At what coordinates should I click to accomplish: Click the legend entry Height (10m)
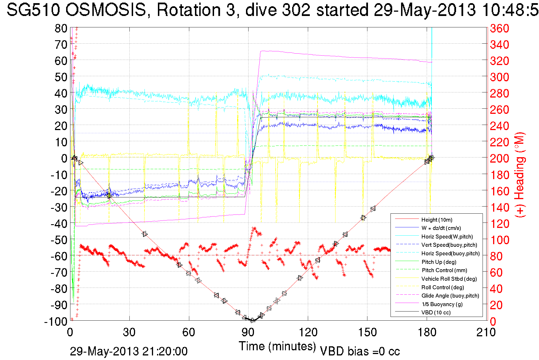[436, 220]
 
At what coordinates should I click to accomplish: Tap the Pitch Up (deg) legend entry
[439, 262]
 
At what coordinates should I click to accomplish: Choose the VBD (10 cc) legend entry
[436, 313]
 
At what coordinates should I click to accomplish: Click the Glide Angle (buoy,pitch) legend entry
[450, 296]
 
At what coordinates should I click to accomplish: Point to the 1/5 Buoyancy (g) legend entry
[442, 304]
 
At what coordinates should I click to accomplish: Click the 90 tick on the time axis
[248, 332]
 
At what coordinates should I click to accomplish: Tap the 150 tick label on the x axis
[367, 332]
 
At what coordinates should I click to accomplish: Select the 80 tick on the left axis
[61, 28]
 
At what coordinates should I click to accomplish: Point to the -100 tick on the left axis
[56, 321]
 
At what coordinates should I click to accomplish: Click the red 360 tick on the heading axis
[499, 28]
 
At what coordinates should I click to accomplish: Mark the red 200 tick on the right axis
[499, 158]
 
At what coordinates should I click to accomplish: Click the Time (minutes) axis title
[277, 346]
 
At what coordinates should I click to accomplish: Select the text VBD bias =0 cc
[360, 351]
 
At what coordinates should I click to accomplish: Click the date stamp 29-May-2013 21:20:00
[129, 351]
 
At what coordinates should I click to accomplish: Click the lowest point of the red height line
[252, 321]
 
